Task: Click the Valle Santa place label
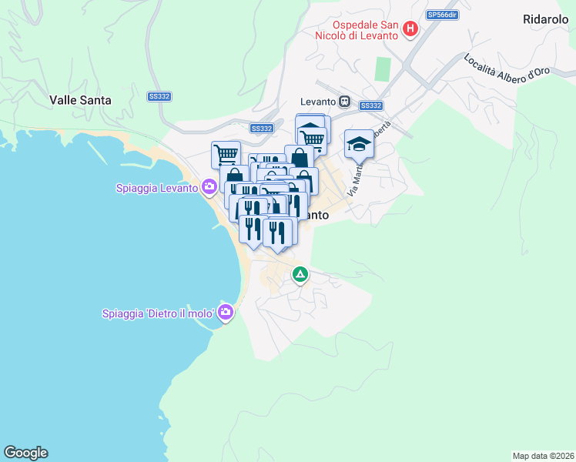[x=80, y=99]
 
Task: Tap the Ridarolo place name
[x=544, y=18]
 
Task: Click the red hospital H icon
[x=410, y=29]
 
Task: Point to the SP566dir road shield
[x=443, y=15]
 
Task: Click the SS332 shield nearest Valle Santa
[x=159, y=96]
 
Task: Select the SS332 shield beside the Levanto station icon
[x=371, y=105]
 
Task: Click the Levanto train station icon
[x=346, y=102]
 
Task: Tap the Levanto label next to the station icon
[x=319, y=102]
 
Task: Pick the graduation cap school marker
[x=358, y=143]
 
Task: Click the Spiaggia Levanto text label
[x=157, y=187]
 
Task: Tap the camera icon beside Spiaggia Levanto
[x=209, y=186]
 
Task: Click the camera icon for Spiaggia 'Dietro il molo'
[x=226, y=312]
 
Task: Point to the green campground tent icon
[x=300, y=273]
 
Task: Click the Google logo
[x=25, y=453]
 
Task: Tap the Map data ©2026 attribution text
[x=543, y=456]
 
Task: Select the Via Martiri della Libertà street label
[x=368, y=162]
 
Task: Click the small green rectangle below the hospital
[x=382, y=69]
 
